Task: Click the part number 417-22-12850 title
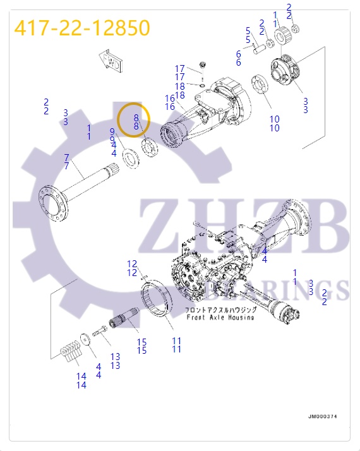82,28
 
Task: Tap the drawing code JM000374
323,416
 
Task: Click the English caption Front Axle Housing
220,317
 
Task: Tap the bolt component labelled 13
99,331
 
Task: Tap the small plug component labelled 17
203,65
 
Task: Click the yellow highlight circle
135,119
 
